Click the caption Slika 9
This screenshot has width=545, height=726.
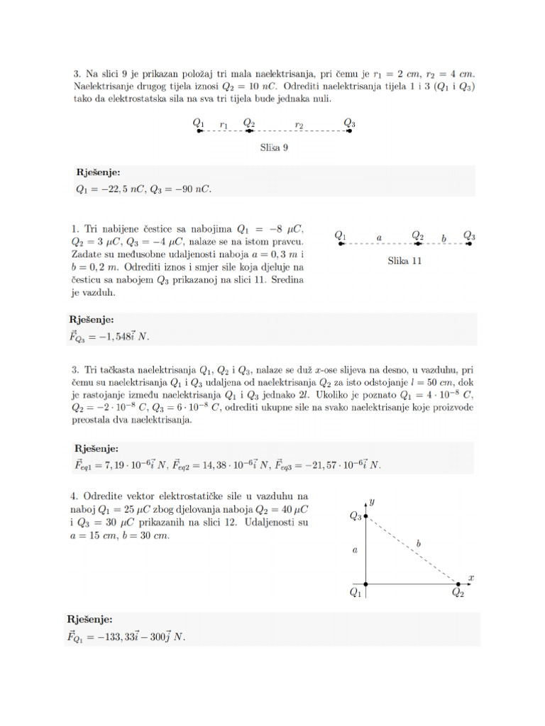pyautogui.click(x=274, y=148)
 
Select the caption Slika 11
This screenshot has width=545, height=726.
pyautogui.click(x=404, y=260)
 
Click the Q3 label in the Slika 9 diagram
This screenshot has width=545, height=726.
pyautogui.click(x=350, y=123)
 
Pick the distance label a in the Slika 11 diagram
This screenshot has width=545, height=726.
pyautogui.click(x=380, y=238)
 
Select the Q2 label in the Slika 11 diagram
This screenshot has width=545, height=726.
pyautogui.click(x=418, y=235)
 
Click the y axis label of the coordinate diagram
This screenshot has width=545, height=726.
pyautogui.click(x=372, y=501)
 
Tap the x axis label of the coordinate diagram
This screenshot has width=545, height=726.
pyautogui.click(x=470, y=578)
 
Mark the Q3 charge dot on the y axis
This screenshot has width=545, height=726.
pyautogui.click(x=365, y=517)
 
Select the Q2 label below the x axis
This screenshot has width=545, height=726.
pyautogui.click(x=458, y=594)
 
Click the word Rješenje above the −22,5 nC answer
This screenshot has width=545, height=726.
pyautogui.click(x=99, y=172)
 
